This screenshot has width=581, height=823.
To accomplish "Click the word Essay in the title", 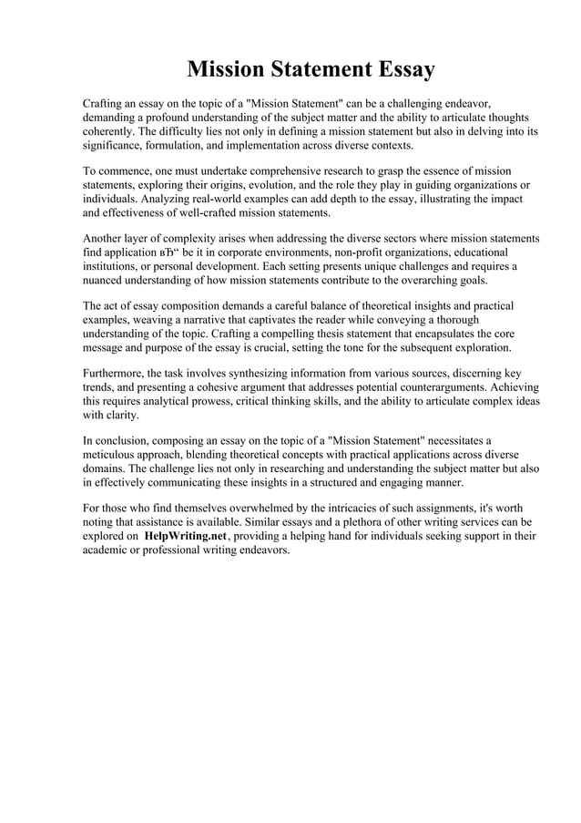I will tap(400, 69).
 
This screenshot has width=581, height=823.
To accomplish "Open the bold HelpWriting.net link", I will tap(185, 537).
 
